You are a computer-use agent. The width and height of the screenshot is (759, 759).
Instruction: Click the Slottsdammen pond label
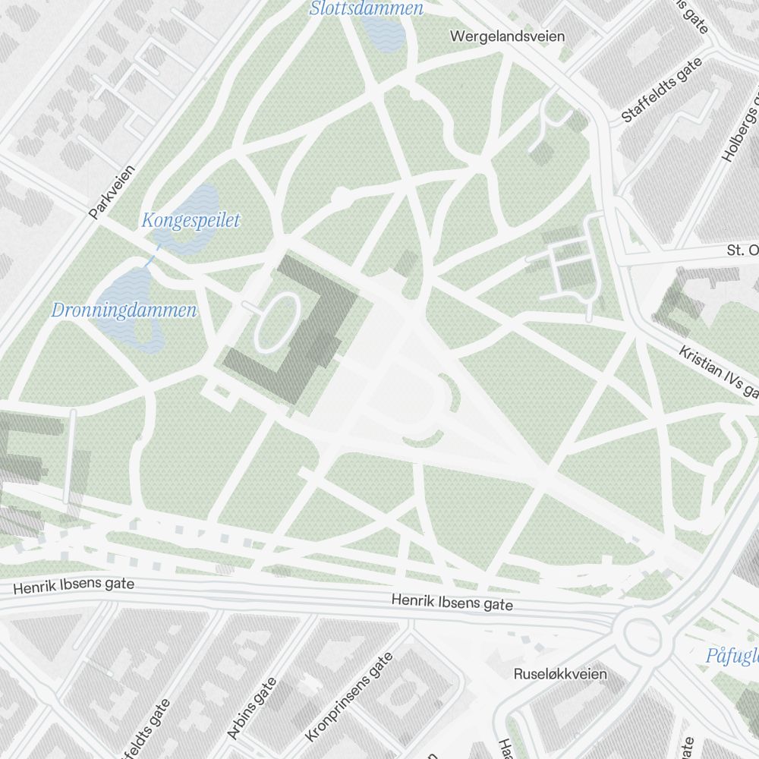tap(367, 9)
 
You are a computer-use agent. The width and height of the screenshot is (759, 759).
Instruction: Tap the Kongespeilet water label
tap(191, 221)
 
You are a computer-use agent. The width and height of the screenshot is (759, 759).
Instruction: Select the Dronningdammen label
tap(124, 310)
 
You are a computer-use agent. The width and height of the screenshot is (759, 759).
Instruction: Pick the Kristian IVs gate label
tap(718, 371)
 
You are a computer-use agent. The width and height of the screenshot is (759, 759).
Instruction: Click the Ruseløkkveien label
tap(560, 674)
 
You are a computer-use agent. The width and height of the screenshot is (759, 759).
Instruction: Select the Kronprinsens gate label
tap(349, 697)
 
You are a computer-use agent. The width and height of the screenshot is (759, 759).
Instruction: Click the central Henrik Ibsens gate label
tap(452, 603)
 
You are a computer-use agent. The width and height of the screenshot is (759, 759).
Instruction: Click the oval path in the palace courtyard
tap(276, 323)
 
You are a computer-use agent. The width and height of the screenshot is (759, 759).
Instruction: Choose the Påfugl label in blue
tap(732, 655)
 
